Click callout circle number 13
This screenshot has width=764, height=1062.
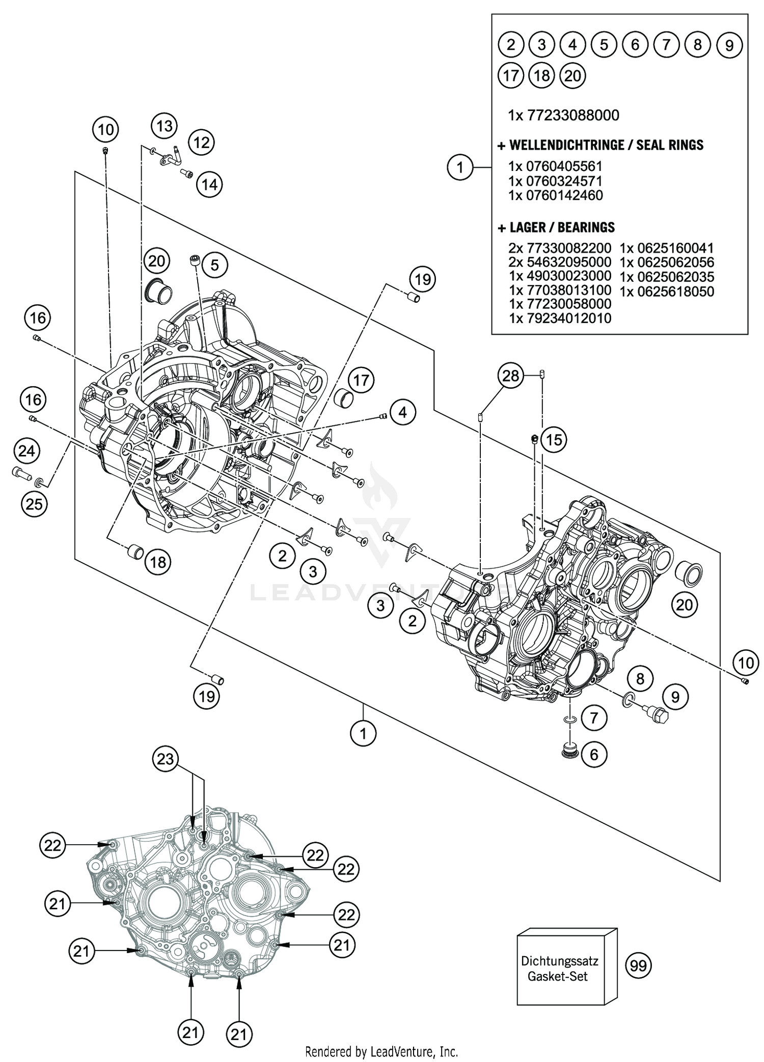coord(164,126)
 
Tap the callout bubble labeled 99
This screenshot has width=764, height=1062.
coord(638,965)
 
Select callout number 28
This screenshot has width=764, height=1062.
coord(510,376)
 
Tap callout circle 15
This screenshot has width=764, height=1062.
coord(554,439)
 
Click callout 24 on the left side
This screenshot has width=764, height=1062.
coord(26,451)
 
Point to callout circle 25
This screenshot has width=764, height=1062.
coord(34,504)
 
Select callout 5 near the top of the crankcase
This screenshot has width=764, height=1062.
coord(214,265)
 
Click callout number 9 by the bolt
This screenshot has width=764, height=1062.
coord(675,697)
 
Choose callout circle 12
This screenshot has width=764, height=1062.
coord(202,142)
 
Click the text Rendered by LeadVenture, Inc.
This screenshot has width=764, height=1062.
coord(381,1051)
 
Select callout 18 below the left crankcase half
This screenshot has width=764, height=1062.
coord(158,562)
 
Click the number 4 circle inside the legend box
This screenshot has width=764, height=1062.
coord(572,45)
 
